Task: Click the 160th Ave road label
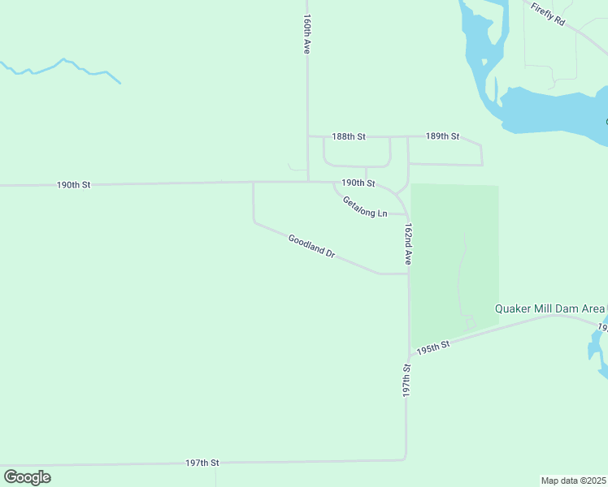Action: pos(307,33)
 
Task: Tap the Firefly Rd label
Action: pos(548,15)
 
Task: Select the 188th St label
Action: pos(350,136)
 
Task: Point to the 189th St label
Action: pos(443,136)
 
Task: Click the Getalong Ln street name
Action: pos(364,207)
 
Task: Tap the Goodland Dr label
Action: pos(311,245)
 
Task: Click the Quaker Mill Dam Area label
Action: pos(551,308)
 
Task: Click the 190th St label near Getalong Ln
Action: pos(358,183)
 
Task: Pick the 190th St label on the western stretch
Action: pos(73,185)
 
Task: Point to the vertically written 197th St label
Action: pos(406,380)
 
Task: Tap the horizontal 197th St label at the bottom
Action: pos(202,463)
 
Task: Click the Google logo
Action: pos(27,477)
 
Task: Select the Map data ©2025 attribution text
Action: pos(574,481)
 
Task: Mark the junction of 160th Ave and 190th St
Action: pos(307,182)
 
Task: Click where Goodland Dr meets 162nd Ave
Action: pos(408,274)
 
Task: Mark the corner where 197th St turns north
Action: pos(405,459)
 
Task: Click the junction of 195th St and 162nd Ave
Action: pos(409,356)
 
